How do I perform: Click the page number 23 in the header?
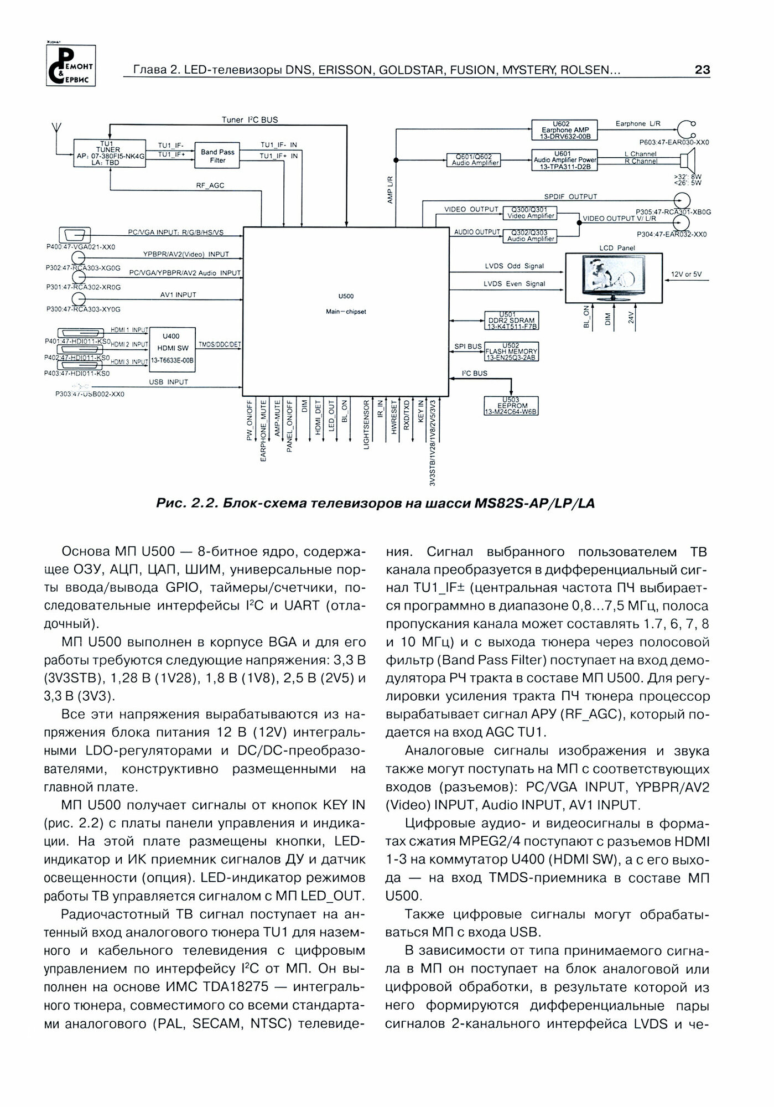702,70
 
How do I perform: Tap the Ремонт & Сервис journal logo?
70,65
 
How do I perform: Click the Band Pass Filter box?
217,156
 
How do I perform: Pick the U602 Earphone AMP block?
564,130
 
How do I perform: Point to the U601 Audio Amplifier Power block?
564,160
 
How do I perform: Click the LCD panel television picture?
614,278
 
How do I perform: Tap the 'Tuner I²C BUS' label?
250,120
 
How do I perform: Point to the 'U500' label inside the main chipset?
345,297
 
